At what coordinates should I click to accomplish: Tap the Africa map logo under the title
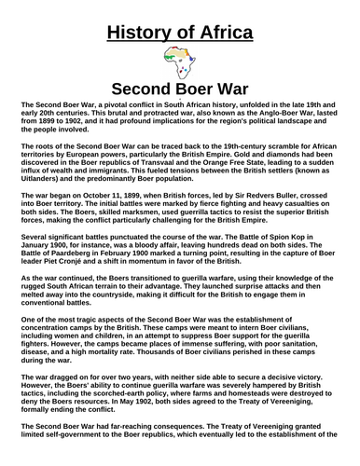pyautogui.click(x=179, y=66)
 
